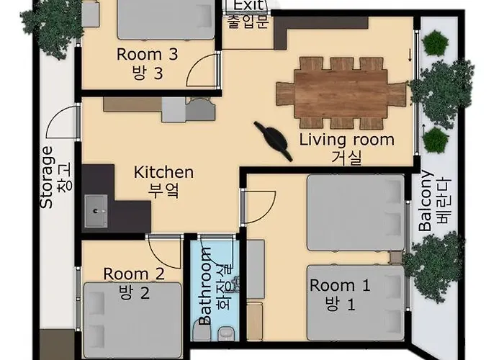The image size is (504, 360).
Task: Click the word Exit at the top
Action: pos(249,5)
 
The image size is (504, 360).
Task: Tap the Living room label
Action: pos(347,140)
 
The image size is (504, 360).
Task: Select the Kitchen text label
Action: pos(163,172)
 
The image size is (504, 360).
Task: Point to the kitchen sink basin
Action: pos(96,211)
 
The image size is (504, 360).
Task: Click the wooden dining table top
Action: pos(341,94)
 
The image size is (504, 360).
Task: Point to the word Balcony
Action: pos(426,201)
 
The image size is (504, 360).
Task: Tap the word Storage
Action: pos(47,177)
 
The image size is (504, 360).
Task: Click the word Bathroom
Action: pos(204,286)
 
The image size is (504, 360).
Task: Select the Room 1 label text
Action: pos(340,285)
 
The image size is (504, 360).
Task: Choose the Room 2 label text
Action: pos(134,274)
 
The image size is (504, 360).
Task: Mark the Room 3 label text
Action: pos(147,54)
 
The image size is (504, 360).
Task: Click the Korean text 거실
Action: pos(347,158)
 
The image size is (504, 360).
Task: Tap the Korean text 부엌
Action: pos(163,190)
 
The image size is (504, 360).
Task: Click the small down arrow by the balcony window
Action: pos(410,55)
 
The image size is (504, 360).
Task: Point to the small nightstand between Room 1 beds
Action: pos(396,258)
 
